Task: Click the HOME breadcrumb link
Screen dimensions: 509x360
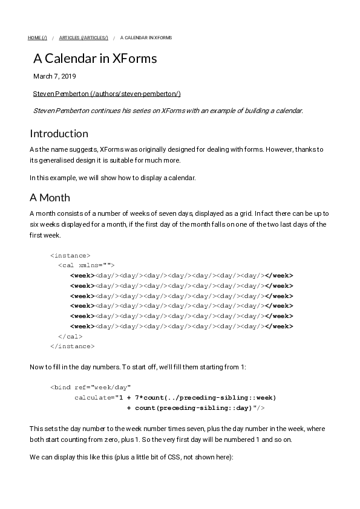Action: (37, 37)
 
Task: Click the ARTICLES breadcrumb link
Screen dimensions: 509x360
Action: (83, 37)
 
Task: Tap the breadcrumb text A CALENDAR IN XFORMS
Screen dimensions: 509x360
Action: (146, 37)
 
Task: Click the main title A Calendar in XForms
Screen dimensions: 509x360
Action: (95, 59)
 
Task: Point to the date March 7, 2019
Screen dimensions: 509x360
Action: (54, 77)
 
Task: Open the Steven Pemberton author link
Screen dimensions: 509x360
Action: (106, 94)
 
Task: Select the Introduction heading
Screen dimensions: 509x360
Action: (59, 134)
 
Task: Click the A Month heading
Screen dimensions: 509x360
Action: (50, 198)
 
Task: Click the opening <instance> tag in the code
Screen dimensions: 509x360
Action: (70, 256)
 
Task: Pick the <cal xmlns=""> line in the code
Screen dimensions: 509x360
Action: (86, 265)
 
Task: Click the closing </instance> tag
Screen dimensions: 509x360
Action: (72, 346)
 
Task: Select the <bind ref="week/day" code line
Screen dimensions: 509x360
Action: (90, 387)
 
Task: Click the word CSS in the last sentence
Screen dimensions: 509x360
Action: (180, 458)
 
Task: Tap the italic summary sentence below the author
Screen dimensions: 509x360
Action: (168, 111)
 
